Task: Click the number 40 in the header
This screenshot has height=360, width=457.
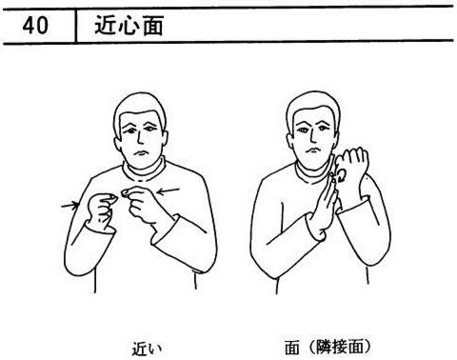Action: click(35, 26)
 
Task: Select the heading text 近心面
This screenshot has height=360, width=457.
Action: click(129, 26)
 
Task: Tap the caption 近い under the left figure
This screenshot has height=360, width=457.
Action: click(147, 349)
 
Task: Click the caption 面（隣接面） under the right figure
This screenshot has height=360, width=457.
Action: click(328, 347)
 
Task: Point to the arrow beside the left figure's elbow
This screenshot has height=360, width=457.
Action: click(70, 205)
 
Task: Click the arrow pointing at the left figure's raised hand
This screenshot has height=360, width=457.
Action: click(169, 191)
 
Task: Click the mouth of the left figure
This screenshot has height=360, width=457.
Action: click(140, 153)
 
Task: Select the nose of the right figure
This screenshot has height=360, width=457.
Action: click(312, 135)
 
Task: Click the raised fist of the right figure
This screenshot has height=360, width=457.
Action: click(351, 165)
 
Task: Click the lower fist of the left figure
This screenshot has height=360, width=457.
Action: click(101, 210)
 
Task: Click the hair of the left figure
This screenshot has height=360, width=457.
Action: click(140, 108)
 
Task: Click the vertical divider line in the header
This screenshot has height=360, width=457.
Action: click(76, 26)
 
